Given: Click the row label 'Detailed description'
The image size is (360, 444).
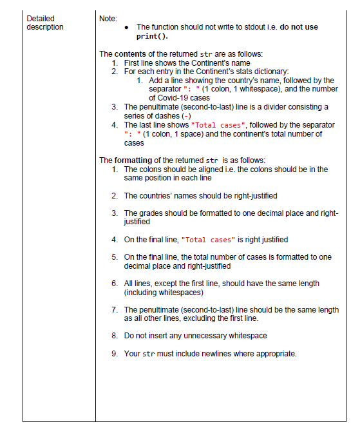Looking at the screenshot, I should (45, 23).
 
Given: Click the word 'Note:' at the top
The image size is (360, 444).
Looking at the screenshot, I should (109, 19).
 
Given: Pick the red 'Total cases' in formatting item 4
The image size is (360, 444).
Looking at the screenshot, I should (209, 240).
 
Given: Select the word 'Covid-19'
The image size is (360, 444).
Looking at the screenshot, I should (166, 98).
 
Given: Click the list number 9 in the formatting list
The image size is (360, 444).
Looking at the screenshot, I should (115, 353).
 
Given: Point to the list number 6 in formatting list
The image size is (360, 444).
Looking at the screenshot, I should (115, 284).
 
